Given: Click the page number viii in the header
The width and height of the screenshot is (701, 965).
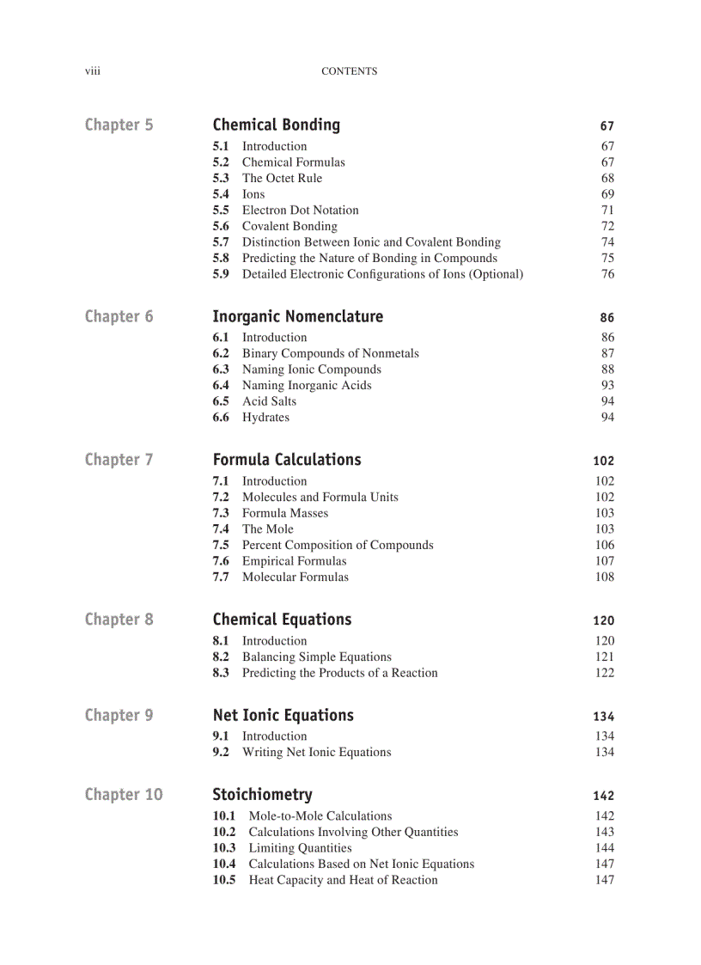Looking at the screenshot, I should click(92, 71).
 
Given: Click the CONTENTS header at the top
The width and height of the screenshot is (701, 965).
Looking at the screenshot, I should click(349, 71).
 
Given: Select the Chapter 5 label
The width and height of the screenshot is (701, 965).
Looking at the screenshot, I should click(119, 125).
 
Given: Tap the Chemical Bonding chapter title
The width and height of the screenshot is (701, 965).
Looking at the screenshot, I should click(276, 125).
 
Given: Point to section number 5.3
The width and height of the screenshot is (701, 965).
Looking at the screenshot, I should click(221, 178).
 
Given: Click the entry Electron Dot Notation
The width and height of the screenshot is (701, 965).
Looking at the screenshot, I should click(300, 210).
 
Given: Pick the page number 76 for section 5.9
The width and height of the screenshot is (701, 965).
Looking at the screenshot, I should click(607, 274).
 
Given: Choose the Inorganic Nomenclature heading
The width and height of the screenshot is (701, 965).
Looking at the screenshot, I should click(297, 317).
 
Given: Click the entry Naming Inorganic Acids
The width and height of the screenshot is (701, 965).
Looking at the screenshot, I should click(307, 385).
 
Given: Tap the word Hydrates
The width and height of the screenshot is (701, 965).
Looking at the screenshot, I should click(265, 418).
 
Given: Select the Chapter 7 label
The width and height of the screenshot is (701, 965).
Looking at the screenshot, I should click(119, 461).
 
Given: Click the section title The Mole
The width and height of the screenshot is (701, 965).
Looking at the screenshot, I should click(267, 529).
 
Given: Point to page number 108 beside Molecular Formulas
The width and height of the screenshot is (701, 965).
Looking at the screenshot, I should click(605, 577).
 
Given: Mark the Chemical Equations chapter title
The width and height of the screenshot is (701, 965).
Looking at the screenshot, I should click(282, 620).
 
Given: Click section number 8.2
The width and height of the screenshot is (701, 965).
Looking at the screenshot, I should click(221, 657).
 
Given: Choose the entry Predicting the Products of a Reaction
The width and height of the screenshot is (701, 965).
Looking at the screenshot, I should click(339, 673).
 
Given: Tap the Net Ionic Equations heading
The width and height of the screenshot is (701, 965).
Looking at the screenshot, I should click(283, 716).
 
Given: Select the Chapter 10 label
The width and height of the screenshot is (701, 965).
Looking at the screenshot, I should click(123, 795).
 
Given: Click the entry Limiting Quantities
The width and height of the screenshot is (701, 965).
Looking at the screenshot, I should click(300, 848).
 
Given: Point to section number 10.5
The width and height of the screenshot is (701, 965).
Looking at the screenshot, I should click(224, 880).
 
